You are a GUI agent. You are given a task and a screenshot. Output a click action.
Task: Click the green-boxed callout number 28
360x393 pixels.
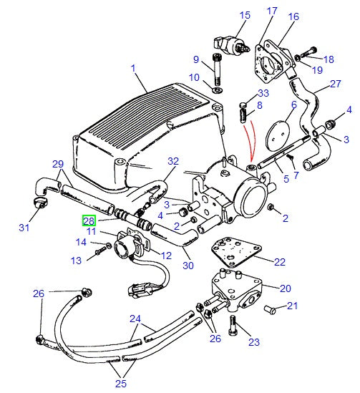(x=89, y=220)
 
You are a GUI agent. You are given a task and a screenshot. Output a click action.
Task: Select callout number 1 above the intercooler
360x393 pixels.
(x=133, y=68)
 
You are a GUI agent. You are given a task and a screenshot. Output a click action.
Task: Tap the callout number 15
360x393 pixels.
(x=245, y=15)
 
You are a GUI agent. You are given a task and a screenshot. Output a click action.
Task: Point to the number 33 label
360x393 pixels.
(x=263, y=93)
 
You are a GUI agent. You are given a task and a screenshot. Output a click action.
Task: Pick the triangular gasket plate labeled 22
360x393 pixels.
(x=236, y=252)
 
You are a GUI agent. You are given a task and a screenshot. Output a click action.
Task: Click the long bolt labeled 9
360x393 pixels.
(x=217, y=69)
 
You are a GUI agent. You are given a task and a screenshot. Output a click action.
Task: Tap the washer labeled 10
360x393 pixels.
(x=217, y=90)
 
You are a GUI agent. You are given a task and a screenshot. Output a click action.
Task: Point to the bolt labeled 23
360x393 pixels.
(x=233, y=325)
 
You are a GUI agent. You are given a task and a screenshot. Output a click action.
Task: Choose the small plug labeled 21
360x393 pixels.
(x=270, y=309)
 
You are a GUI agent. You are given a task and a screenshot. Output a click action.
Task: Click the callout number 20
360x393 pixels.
(x=285, y=288)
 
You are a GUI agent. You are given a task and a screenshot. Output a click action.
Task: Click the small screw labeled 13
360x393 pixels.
(x=100, y=250)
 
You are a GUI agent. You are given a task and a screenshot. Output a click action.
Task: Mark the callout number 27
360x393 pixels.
(x=336, y=84)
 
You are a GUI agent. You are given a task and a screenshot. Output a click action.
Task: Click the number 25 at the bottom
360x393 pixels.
(x=121, y=384)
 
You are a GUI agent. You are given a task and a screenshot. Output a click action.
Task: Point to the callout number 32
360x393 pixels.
(x=173, y=161)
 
